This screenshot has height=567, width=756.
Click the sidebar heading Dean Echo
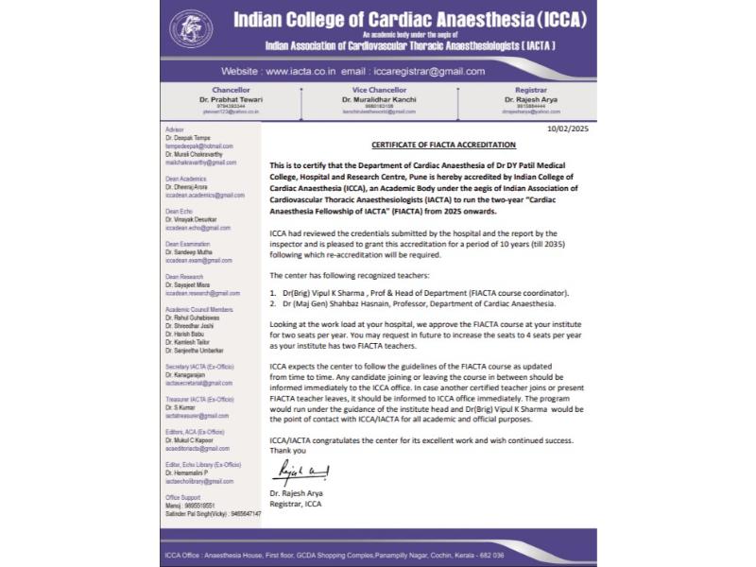(x=179, y=212)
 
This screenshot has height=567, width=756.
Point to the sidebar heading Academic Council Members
(x=199, y=308)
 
